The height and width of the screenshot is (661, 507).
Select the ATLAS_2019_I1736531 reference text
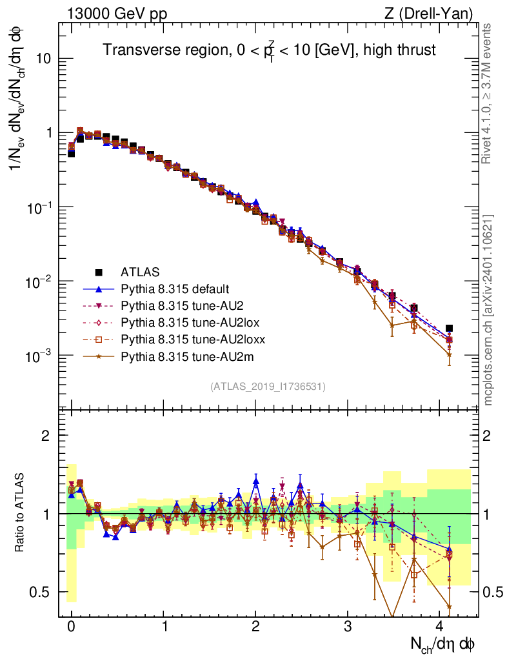(268, 387)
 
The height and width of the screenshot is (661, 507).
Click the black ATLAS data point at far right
(449, 329)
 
